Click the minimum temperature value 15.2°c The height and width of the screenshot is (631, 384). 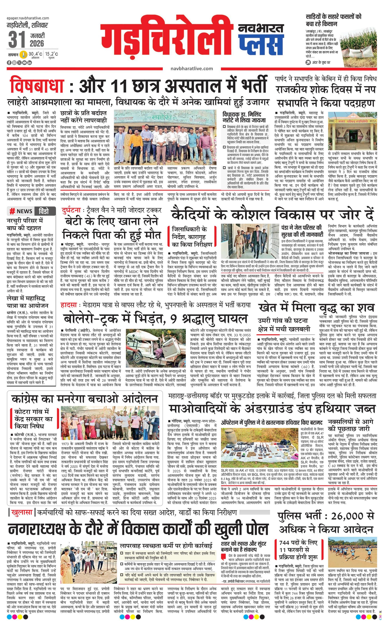click(x=52, y=54)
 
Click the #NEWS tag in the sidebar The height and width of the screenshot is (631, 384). click(x=21, y=211)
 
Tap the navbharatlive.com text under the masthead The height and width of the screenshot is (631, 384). click(x=192, y=69)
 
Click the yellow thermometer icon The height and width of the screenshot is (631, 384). click(x=23, y=54)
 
